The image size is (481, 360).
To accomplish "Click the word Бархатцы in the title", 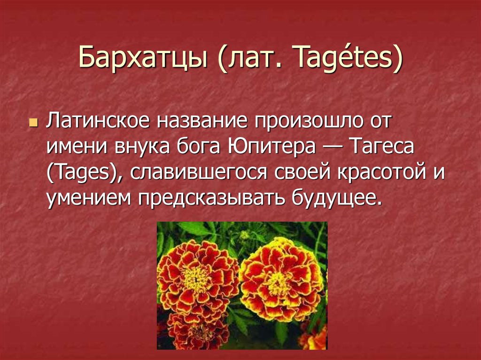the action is point(143,58).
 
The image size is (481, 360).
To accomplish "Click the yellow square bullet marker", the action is point(33,123).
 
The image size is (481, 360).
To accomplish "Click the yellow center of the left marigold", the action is point(196,279).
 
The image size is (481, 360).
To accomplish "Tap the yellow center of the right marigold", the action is point(278,283).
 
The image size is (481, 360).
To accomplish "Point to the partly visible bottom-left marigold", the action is point(196,331).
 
